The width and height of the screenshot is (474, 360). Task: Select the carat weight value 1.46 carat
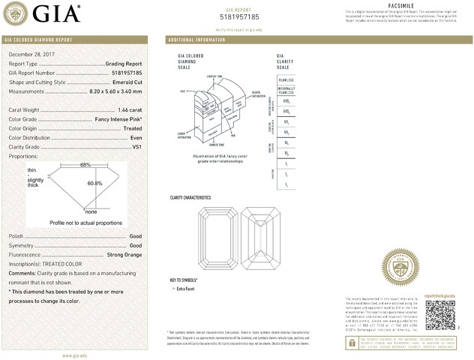point(130,110)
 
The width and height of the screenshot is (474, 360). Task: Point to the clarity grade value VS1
point(136,147)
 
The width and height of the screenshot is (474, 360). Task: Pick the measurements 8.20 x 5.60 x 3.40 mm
point(110,91)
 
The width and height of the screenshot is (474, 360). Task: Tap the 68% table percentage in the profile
point(85,164)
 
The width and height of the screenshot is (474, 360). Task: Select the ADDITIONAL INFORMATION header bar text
point(197,39)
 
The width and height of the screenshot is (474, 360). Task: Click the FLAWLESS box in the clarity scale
point(286,79)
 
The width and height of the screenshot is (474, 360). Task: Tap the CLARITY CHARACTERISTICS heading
point(190,197)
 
